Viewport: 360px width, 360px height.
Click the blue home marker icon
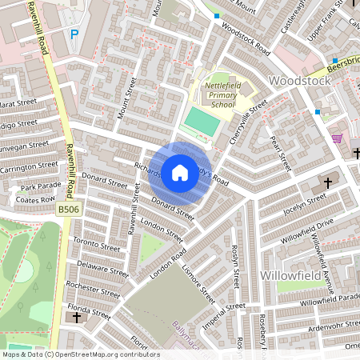(x=180, y=172)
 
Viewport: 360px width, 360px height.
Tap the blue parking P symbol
(x=75, y=34)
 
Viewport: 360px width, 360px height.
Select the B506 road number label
(x=70, y=210)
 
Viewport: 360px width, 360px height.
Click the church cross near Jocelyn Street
(x=328, y=183)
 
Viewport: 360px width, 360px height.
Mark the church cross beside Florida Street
(x=76, y=318)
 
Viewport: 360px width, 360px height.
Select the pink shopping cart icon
(x=336, y=138)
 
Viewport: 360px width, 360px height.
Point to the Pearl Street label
(x=279, y=152)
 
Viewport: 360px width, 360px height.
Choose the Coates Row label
(x=37, y=200)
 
